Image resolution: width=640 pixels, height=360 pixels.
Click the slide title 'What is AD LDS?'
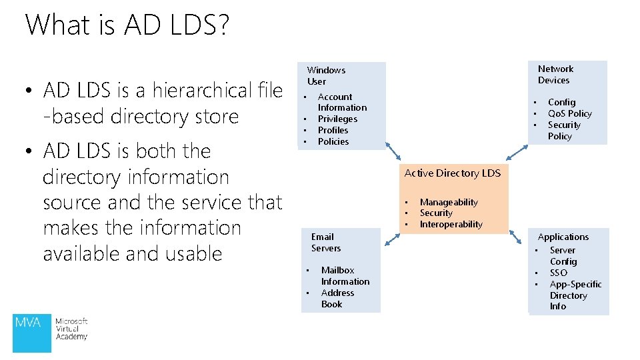click(x=127, y=25)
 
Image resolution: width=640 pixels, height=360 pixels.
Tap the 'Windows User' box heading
click(x=326, y=75)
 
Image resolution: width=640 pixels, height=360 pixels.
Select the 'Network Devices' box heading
click(x=555, y=74)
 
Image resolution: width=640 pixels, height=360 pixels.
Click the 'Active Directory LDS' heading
click(x=452, y=173)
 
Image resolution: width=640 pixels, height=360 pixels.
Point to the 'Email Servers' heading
click(x=325, y=242)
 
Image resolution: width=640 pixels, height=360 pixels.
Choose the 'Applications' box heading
click(x=563, y=237)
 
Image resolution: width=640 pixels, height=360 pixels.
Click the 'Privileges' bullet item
click(x=337, y=119)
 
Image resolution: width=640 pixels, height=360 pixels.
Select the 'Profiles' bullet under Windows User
click(x=333, y=130)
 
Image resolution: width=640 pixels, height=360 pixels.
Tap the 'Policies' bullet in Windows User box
click(x=333, y=141)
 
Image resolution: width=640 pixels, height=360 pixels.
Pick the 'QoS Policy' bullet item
click(x=569, y=113)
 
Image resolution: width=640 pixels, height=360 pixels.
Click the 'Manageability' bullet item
click(x=449, y=202)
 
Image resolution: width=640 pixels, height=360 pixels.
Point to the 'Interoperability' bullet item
click(x=451, y=224)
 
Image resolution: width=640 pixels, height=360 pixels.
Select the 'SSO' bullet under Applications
click(x=559, y=273)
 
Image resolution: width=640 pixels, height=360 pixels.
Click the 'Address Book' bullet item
click(x=337, y=298)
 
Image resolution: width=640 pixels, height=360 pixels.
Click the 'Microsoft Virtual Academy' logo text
click(x=71, y=329)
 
